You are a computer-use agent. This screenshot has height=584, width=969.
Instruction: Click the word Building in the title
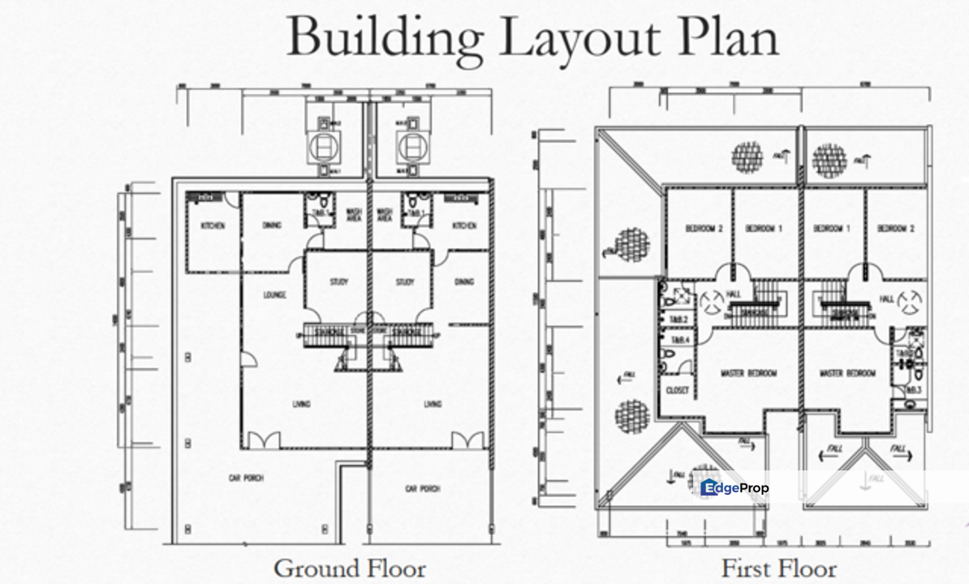[384, 36]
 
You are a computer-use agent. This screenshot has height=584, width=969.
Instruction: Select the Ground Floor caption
[349, 568]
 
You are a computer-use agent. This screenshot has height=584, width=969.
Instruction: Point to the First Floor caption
[778, 568]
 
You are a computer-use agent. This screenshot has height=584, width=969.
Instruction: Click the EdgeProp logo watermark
[734, 487]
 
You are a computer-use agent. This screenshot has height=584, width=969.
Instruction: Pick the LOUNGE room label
[274, 295]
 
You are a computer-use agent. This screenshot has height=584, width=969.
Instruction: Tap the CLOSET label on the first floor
[677, 390]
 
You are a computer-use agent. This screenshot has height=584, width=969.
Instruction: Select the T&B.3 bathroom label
[913, 390]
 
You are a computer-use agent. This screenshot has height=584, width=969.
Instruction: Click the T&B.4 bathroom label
[679, 340]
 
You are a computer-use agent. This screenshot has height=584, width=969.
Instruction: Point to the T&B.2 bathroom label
[679, 320]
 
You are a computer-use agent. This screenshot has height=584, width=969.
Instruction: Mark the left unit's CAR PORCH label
[246, 479]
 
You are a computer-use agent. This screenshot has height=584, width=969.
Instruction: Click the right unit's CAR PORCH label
[422, 488]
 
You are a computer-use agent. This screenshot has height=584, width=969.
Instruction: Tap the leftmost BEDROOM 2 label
[704, 229]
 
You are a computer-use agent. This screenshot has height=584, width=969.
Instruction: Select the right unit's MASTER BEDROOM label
[848, 373]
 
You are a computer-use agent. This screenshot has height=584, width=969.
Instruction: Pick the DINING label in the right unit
[464, 282]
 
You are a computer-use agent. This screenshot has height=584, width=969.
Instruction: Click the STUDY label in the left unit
[338, 282]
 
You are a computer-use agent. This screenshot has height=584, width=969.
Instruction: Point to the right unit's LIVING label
[433, 404]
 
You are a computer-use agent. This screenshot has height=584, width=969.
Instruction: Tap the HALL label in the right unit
[886, 299]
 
